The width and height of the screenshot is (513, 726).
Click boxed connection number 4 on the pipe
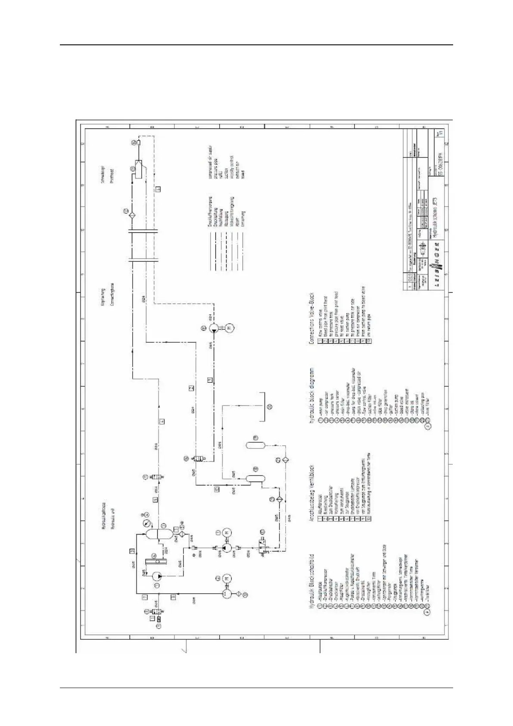click(162, 421)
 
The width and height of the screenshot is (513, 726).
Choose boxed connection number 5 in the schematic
click(155, 500)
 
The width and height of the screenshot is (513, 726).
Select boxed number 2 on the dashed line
click(191, 388)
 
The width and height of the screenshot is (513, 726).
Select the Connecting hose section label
click(112, 297)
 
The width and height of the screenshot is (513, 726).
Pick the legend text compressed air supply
click(211, 162)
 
